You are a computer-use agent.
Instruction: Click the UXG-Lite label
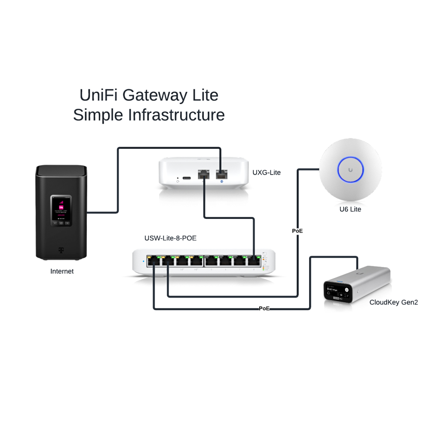[x=266, y=172]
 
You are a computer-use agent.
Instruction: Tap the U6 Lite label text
[x=350, y=209]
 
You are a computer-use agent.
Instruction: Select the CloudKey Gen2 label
[x=393, y=302]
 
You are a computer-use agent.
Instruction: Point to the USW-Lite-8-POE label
[x=170, y=238]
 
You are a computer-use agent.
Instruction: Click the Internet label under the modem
[x=62, y=271]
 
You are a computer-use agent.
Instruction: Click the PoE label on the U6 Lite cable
[x=297, y=231]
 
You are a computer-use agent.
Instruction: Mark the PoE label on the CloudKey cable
[x=264, y=308]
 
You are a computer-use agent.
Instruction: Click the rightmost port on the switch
[x=255, y=261]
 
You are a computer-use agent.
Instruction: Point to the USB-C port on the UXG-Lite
[x=187, y=178]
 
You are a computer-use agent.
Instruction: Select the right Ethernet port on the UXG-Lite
[x=221, y=175]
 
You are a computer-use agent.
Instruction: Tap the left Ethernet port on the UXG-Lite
[x=203, y=175]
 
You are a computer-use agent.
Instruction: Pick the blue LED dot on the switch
[x=143, y=261]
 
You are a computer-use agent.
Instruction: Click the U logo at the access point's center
[x=350, y=170]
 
